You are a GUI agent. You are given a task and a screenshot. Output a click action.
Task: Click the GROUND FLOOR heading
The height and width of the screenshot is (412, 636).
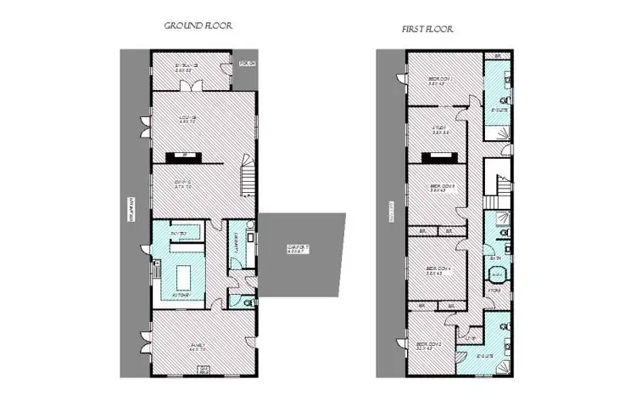pyautogui.click(x=198, y=26)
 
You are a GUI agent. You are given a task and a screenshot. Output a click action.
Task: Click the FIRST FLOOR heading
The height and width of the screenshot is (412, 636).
pyautogui.click(x=427, y=29)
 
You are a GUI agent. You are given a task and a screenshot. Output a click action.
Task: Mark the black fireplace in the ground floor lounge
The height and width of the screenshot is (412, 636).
pyautogui.click(x=181, y=156)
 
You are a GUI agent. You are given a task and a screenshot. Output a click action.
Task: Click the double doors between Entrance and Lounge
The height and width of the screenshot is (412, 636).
pyautogui.click(x=196, y=87)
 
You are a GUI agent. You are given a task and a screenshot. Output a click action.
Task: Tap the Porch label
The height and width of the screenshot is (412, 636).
pyautogui.click(x=246, y=63)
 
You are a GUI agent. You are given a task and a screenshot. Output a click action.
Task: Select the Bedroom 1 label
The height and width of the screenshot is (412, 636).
pyautogui.click(x=438, y=81)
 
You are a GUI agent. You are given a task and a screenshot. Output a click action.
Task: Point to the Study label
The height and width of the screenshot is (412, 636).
pyautogui.click(x=438, y=130)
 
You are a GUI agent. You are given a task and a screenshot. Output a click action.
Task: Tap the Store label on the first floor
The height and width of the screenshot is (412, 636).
pyautogui.click(x=494, y=291)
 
